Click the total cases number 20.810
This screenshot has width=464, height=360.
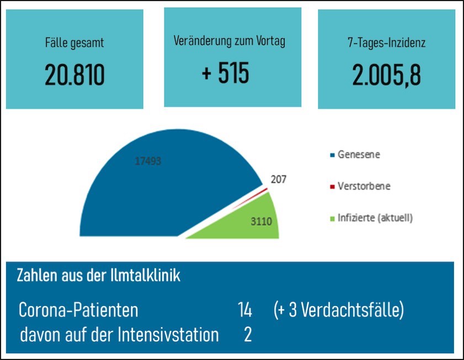tap(74, 75)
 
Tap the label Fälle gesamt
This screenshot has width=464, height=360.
tap(74, 43)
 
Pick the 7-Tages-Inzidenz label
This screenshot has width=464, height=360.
tap(387, 43)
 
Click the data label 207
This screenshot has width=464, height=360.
tap(279, 179)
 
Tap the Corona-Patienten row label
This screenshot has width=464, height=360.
tap(78, 310)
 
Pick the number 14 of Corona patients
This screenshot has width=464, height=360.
tap(244, 310)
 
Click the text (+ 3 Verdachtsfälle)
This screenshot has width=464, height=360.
tap(338, 310)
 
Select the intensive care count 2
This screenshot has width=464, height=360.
tap(248, 335)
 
